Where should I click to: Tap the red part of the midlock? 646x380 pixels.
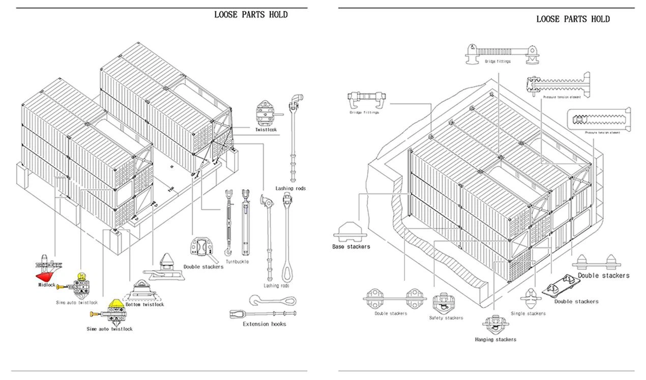pyautogui.click(x=44, y=275)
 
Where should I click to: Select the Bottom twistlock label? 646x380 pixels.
pyautogui.click(x=144, y=304)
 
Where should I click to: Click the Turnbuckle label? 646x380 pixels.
pyautogui.click(x=237, y=261)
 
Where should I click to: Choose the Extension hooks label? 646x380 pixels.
pyautogui.click(x=264, y=324)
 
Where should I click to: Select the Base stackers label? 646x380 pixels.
pyautogui.click(x=351, y=246)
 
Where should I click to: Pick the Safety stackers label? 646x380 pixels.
pyautogui.click(x=446, y=318)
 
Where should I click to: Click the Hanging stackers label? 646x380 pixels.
pyautogui.click(x=495, y=339)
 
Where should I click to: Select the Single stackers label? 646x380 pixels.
pyautogui.click(x=528, y=313)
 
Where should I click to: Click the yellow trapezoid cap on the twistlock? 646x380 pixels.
pyautogui.click(x=116, y=303)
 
